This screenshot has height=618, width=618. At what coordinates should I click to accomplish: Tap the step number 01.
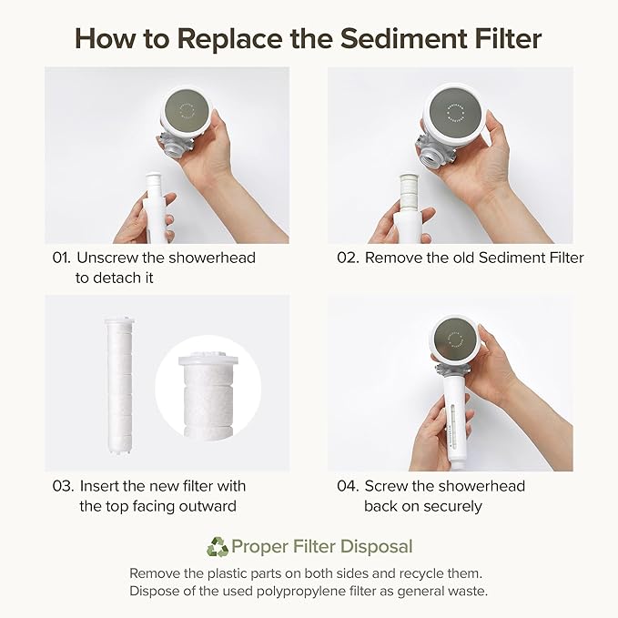coord(61,258)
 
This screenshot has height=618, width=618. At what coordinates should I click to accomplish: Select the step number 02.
coord(348,258)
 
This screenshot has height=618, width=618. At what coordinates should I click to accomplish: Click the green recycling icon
coord(218,547)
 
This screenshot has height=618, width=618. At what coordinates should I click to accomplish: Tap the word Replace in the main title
coord(216,38)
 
